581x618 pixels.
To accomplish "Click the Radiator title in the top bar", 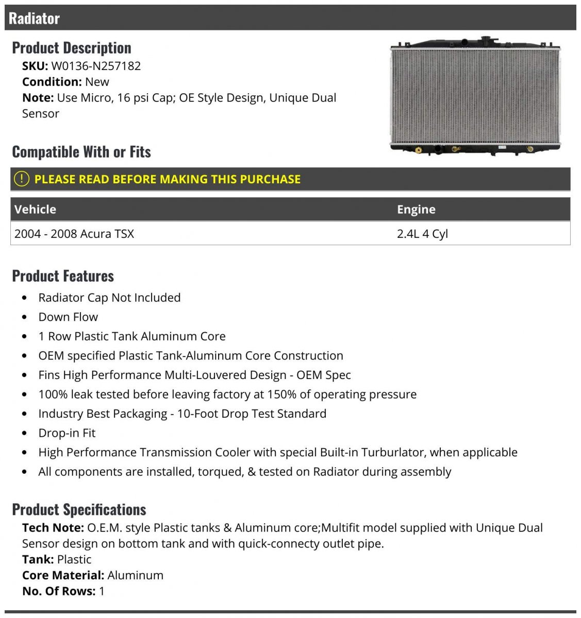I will (34, 19).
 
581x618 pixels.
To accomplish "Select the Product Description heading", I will (72, 48).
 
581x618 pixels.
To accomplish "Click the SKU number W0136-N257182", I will (96, 66).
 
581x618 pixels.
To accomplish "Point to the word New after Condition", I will (97, 82).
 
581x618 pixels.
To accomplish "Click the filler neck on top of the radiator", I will (486, 40).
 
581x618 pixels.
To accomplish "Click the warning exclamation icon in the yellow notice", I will (21, 179).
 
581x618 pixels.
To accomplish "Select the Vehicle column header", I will (35, 210).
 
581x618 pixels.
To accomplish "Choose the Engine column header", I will (416, 210).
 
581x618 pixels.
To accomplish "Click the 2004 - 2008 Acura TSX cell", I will (74, 234).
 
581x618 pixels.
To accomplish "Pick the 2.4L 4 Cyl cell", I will (422, 234).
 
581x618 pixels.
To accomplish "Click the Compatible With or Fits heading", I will (81, 152).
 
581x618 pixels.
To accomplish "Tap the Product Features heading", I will (63, 276).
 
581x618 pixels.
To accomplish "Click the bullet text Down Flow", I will (68, 317).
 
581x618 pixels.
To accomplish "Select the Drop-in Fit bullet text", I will (67, 433).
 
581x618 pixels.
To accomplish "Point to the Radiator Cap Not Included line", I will (109, 298).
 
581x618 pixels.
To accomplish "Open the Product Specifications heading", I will (79, 510).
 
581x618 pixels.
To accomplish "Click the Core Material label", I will (63, 576).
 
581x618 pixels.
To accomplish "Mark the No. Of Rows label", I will (59, 591).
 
